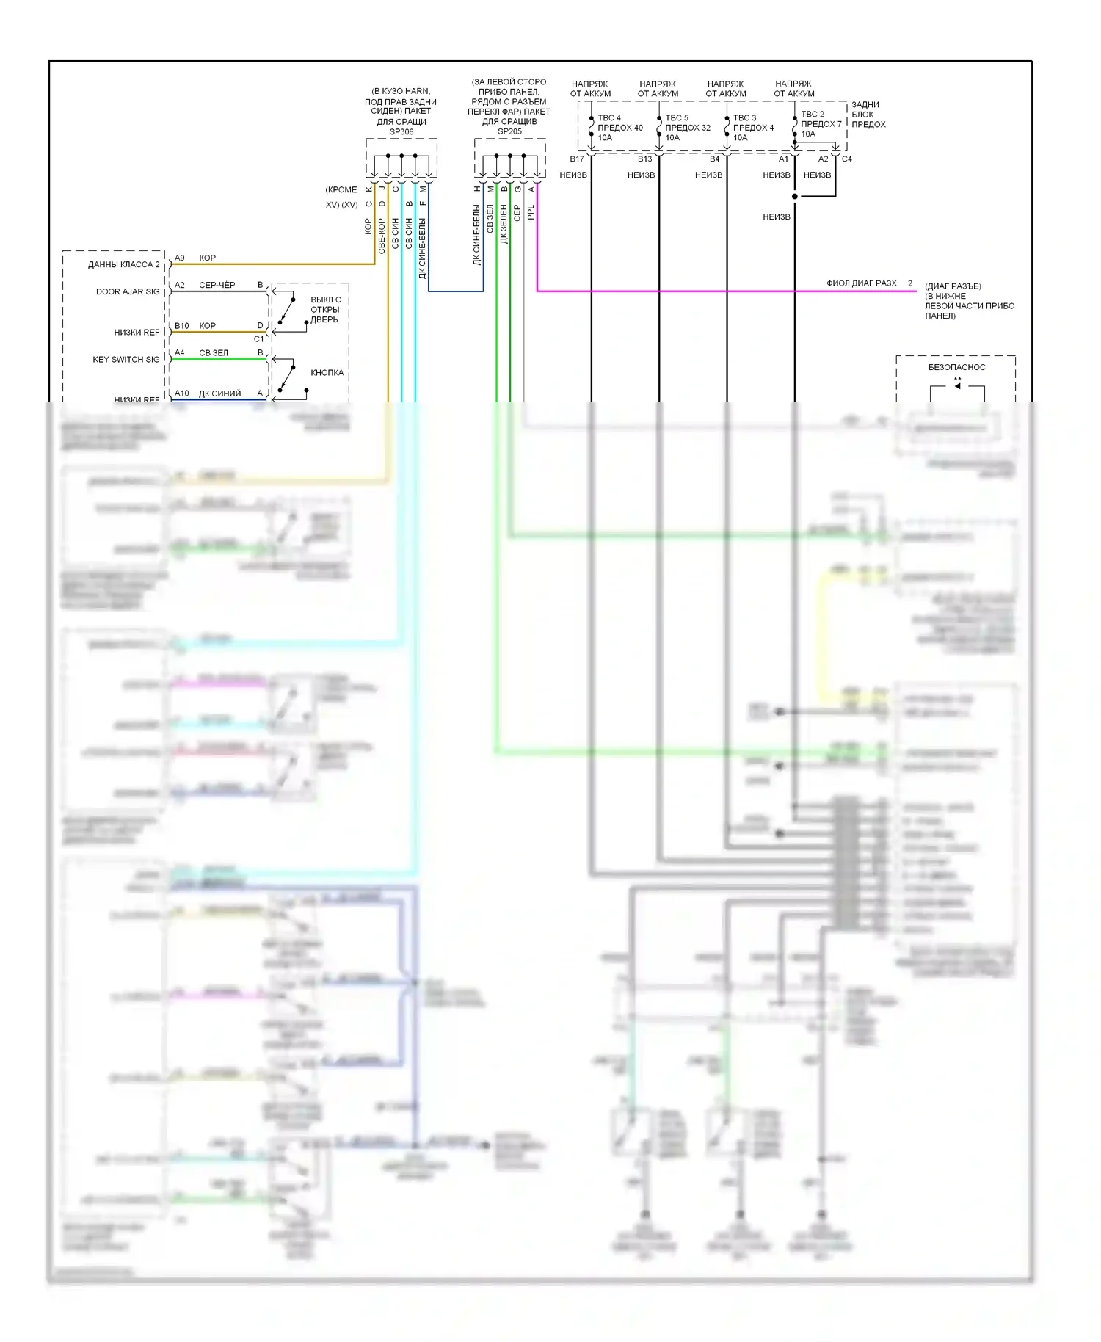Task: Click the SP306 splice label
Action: coord(401,132)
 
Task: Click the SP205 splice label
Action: coord(509,131)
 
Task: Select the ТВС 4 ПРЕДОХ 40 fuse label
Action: coord(619,128)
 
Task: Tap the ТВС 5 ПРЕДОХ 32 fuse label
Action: coord(687,128)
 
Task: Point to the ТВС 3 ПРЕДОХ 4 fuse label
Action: coord(753,128)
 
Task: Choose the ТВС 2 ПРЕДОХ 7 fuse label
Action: coord(821,124)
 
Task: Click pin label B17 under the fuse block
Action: coord(577,159)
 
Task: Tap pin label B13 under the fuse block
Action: coord(644,159)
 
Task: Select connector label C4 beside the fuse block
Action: coord(847,159)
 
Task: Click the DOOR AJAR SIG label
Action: coord(128,291)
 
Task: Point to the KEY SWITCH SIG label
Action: coord(126,360)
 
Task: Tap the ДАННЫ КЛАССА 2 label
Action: coord(123,264)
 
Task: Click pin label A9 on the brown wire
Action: coord(180,258)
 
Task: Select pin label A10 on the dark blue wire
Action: coord(182,393)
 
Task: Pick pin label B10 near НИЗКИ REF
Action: coord(182,326)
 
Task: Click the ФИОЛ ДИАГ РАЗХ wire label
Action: coord(862,283)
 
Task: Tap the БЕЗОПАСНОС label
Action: coord(956,367)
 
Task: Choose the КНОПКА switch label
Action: coord(327,373)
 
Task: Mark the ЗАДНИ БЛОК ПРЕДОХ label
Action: coord(868,115)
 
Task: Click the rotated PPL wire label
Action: coord(531,212)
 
